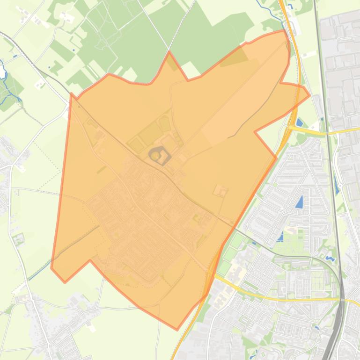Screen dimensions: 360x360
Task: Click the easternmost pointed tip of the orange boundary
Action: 309,95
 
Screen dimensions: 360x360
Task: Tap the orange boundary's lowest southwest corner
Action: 65,282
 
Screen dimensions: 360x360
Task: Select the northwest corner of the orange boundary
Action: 71,93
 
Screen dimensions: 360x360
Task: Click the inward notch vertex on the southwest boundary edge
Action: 90,260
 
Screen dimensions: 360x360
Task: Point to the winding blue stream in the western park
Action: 7,75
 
